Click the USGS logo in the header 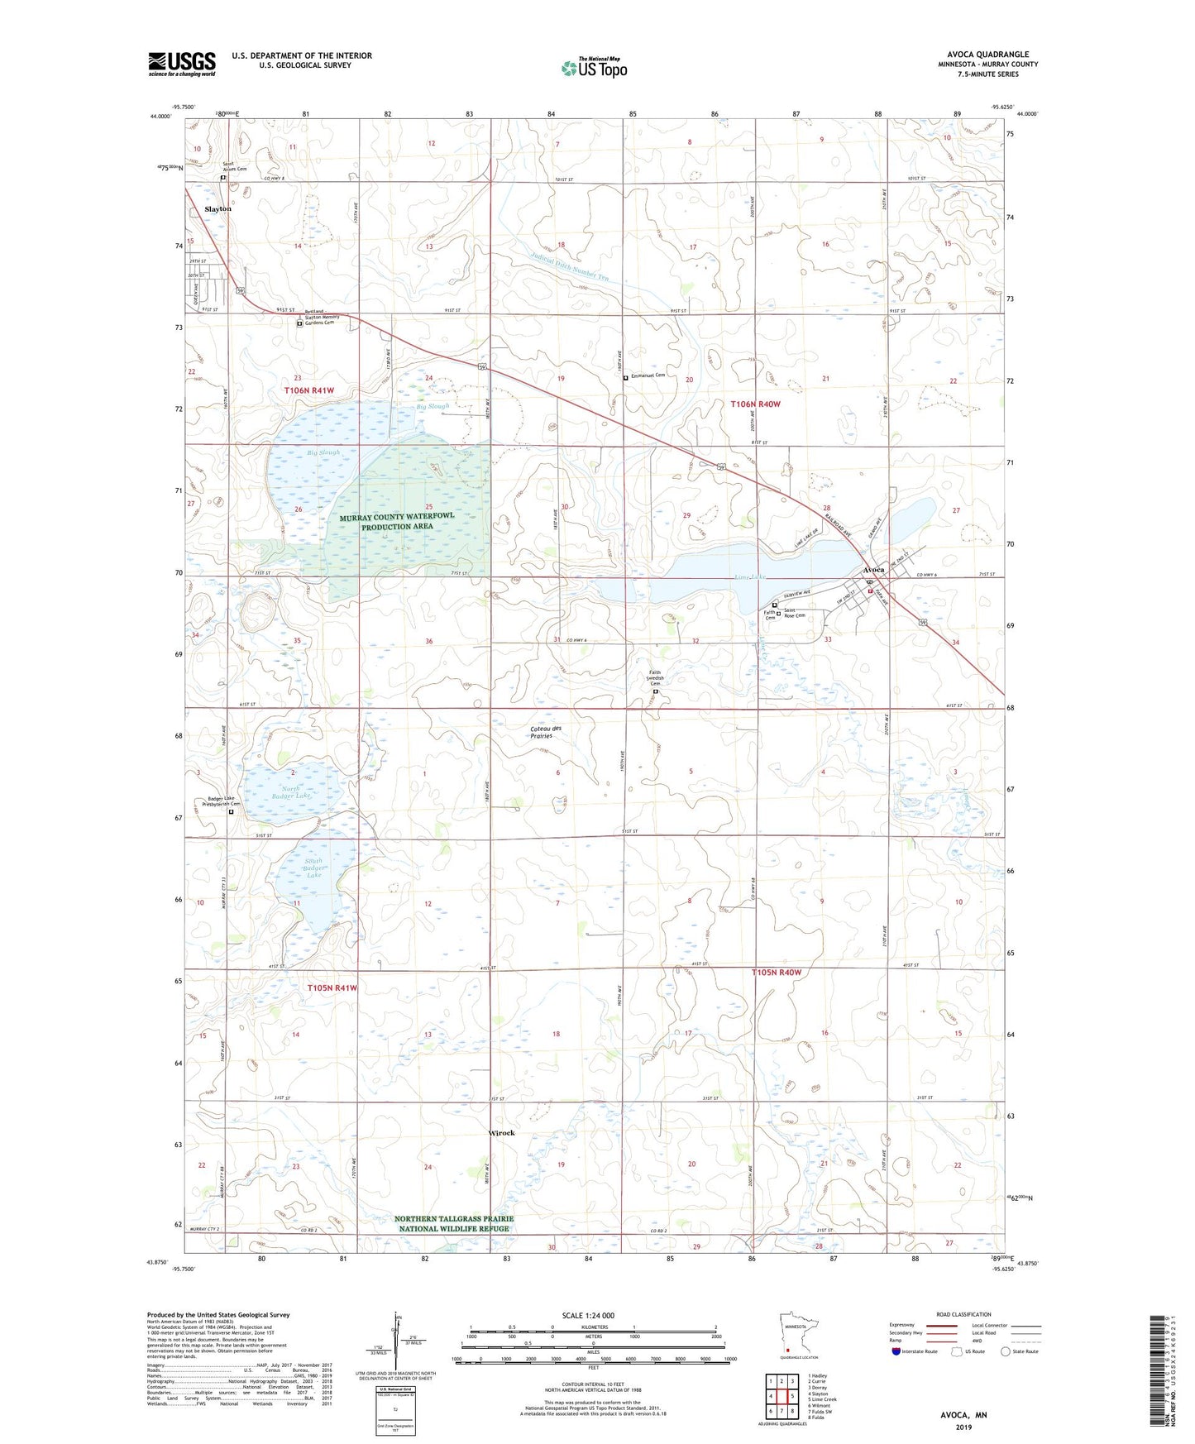(x=182, y=64)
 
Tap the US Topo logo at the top (x=595, y=68)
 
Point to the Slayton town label (x=218, y=209)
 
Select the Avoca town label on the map (x=873, y=570)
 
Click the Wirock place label (x=502, y=1133)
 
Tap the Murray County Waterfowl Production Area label (x=397, y=521)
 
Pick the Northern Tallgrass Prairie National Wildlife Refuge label (x=454, y=1223)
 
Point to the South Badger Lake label (x=313, y=868)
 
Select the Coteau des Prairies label (x=546, y=732)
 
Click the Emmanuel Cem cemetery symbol (x=625, y=377)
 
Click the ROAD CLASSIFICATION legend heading (x=963, y=1314)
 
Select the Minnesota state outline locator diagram (x=797, y=1333)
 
